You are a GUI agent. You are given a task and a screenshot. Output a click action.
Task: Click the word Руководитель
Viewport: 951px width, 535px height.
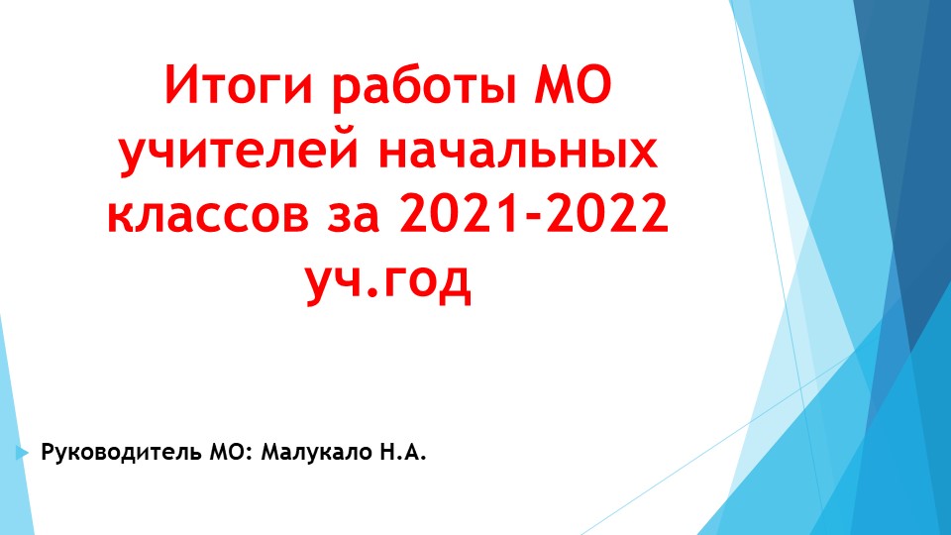pos(122,455)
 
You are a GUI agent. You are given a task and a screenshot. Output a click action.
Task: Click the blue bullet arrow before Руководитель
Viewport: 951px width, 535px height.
pos(22,454)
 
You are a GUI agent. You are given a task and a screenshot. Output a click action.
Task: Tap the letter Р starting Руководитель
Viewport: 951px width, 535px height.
pos(47,455)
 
